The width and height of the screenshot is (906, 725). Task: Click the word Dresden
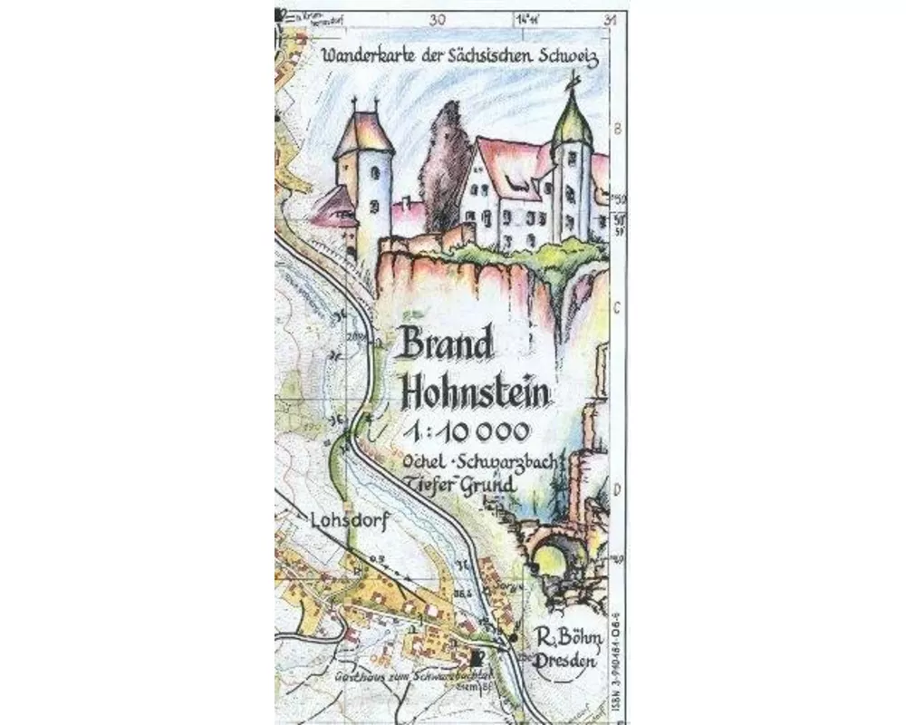(x=565, y=662)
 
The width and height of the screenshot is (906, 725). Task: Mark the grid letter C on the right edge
(x=618, y=307)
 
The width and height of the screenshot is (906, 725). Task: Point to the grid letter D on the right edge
(x=618, y=490)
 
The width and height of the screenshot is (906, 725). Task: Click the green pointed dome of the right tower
(x=572, y=122)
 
